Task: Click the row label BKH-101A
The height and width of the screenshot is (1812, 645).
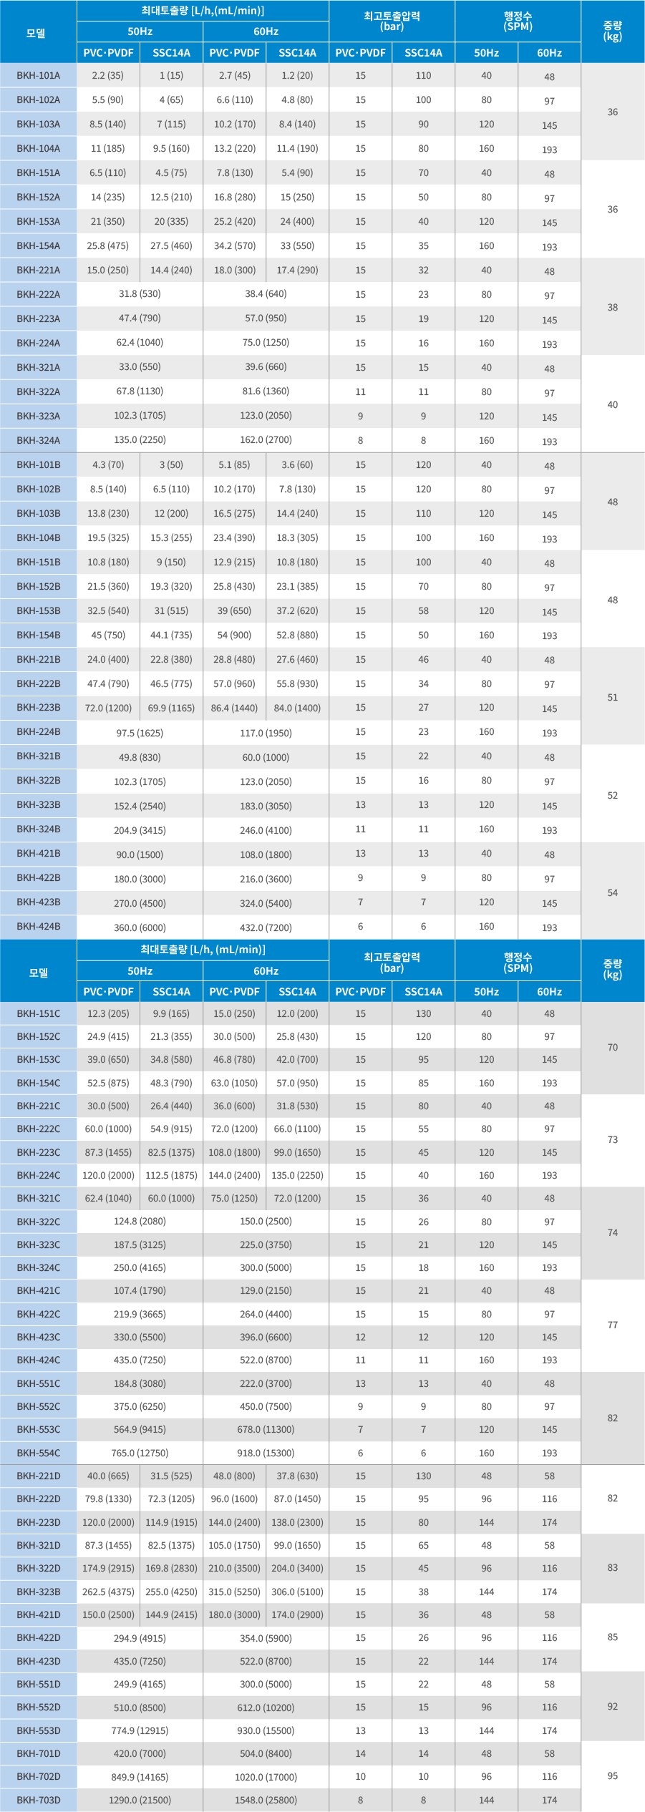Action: (39, 75)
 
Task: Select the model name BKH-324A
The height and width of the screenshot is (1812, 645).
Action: (39, 440)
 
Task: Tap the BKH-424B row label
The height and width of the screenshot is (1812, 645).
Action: (39, 926)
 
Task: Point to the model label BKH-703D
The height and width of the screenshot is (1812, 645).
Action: (39, 1800)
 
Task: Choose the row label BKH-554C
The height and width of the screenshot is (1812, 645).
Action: (39, 1453)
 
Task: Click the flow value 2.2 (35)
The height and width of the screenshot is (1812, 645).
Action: (107, 75)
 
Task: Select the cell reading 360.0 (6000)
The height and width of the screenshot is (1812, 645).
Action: (140, 927)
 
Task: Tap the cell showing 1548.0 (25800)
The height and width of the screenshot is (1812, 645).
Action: (266, 1800)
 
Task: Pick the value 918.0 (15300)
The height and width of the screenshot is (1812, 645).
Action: (266, 1453)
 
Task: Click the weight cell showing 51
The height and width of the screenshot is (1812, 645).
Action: (613, 697)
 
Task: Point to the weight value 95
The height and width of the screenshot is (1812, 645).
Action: (613, 1776)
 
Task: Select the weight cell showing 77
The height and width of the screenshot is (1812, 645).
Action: (613, 1325)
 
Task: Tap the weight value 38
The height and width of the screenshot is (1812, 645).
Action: (613, 307)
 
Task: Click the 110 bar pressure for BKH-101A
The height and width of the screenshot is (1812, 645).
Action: (423, 75)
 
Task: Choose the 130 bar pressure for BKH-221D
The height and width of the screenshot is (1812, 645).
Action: (423, 1476)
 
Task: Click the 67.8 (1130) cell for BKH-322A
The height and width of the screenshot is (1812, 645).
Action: (140, 391)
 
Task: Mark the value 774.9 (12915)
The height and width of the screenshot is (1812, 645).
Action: (140, 1730)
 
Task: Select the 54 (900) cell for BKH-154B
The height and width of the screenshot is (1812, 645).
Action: (234, 635)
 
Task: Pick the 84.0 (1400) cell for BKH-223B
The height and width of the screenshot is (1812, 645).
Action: (297, 708)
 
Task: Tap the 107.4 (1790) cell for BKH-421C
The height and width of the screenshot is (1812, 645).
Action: (140, 1290)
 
